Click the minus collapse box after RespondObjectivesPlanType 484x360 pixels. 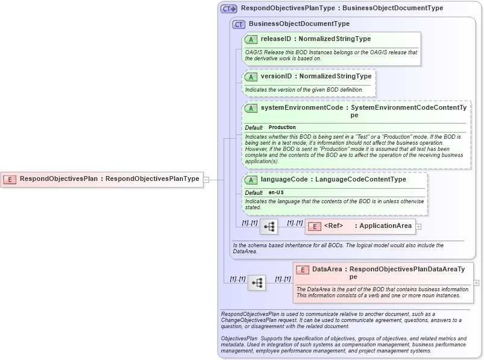click(206, 179)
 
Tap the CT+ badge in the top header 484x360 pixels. click(229, 8)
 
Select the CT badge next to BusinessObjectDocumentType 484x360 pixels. click(239, 24)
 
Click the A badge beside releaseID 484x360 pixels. click(251, 39)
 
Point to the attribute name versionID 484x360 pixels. click(276, 77)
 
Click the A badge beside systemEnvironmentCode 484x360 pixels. click(251, 108)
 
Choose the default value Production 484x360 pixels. click(282, 127)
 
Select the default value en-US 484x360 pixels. click(276, 192)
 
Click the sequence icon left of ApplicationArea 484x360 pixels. click(269, 227)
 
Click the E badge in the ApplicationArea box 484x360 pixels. click(314, 226)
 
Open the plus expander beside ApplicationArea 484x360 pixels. click(418, 227)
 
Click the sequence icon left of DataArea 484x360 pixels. click(257, 283)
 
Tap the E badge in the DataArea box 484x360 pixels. click(302, 270)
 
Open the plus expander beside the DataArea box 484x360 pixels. click(476, 283)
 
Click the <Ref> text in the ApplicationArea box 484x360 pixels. click(333, 226)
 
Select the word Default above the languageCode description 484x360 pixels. click(254, 192)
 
